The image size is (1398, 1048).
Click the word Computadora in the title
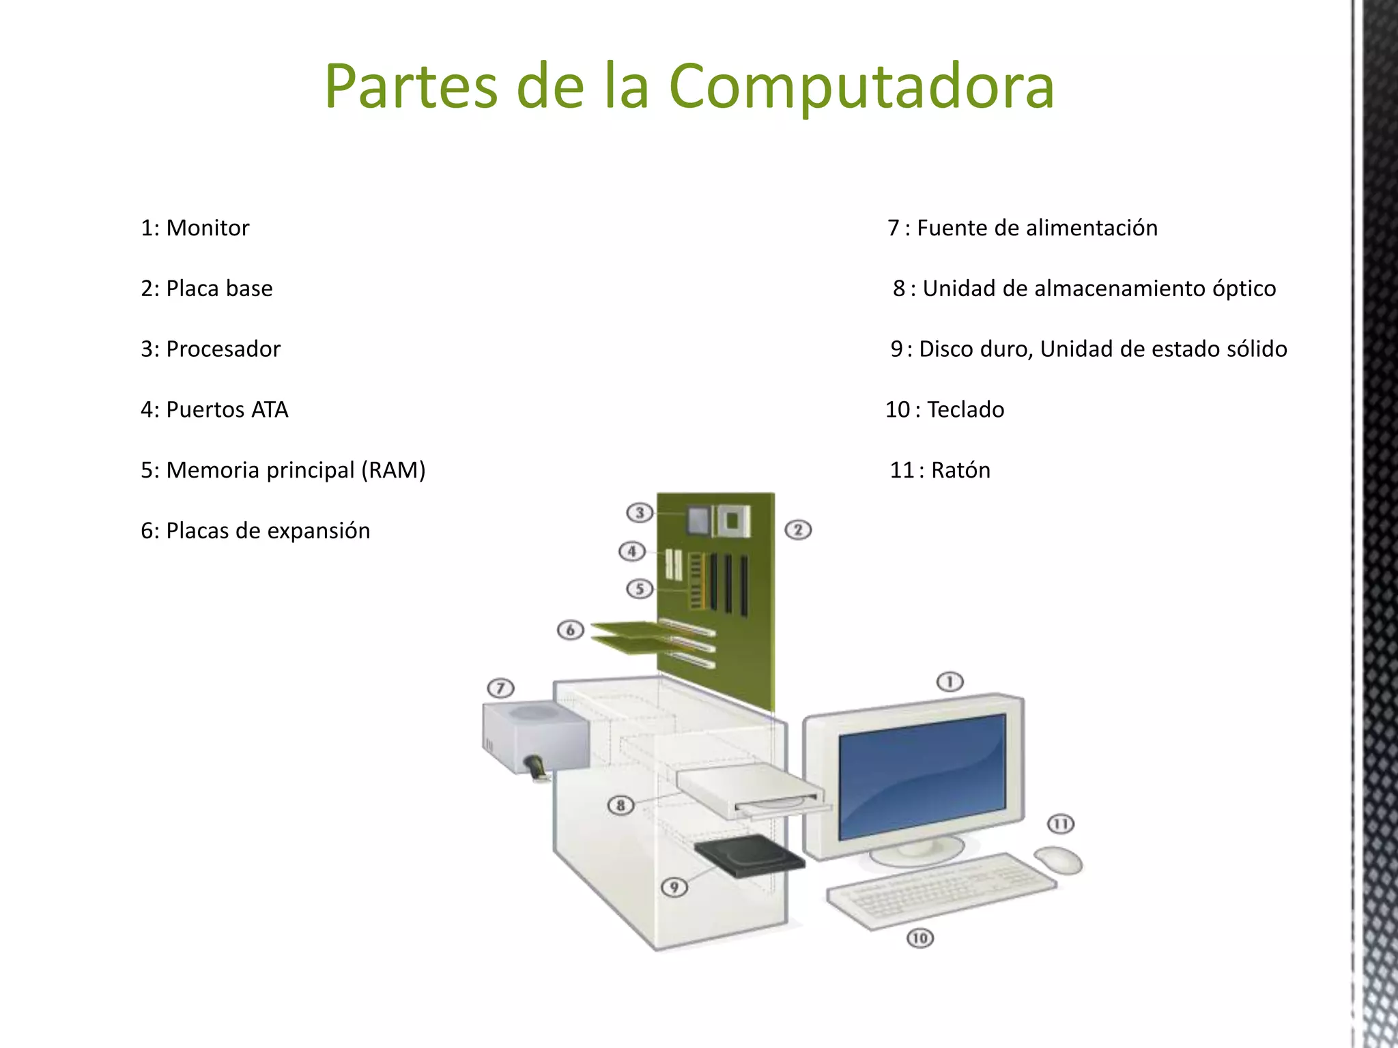coord(861,87)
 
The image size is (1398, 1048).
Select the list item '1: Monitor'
coord(195,228)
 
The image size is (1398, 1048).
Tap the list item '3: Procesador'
coord(210,349)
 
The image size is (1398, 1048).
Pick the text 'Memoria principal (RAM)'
coord(296,471)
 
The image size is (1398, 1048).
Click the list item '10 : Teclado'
coord(945,410)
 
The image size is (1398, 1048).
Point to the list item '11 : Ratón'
coord(940,471)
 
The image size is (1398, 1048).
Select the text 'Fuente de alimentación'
coord(1037,228)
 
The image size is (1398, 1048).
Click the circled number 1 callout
coord(950,682)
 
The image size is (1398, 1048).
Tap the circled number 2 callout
coord(798,530)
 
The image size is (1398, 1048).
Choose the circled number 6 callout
coord(571,630)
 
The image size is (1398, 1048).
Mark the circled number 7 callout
coord(500,688)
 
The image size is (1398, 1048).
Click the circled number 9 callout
coord(674,887)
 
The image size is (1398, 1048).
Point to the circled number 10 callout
coord(919,938)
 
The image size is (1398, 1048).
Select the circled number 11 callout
coord(1061,824)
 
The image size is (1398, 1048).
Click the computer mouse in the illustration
coord(1059,859)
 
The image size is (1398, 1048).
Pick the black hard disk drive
coord(749,856)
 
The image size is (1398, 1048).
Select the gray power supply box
coord(536,737)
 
